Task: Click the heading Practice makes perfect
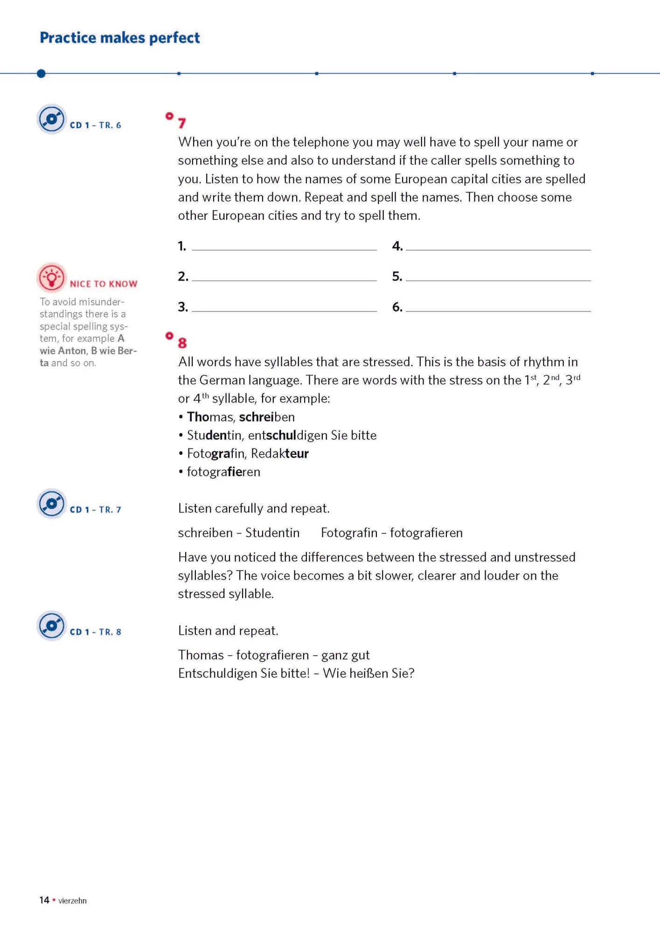pos(119,38)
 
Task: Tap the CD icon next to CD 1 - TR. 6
pos(52,119)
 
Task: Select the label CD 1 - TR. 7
pos(95,510)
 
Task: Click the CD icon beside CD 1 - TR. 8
pos(52,626)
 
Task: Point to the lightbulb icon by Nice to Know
pos(52,278)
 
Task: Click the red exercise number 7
pos(182,123)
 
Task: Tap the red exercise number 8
pos(182,343)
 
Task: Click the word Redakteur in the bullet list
pos(280,453)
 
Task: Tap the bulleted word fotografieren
pos(223,472)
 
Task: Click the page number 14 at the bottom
pos(44,900)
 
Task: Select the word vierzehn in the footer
pos(72,901)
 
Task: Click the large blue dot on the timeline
pos(41,73)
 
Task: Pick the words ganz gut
pos(345,655)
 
